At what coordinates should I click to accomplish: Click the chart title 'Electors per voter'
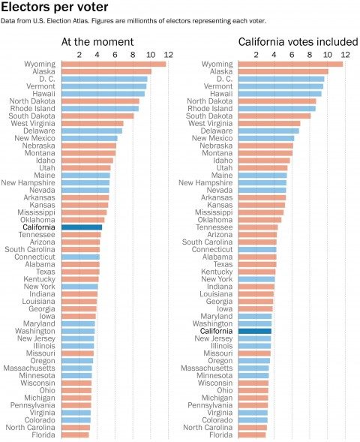54,7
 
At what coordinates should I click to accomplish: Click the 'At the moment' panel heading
97,42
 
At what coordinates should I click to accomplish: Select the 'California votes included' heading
298,42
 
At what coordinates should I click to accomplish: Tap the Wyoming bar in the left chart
114,65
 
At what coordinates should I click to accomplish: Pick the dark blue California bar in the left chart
82,227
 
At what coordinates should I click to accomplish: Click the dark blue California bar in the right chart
255,331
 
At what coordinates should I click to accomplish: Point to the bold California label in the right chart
216,331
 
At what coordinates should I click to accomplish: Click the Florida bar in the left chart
75,435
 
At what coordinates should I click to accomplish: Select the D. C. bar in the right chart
281,79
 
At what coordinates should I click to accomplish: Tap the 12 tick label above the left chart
168,54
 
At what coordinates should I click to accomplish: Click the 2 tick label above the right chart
256,54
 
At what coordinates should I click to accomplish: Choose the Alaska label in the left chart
43,71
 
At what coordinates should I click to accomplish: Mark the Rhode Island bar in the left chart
100,109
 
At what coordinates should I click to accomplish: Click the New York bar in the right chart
256,279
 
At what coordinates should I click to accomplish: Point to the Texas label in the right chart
223,264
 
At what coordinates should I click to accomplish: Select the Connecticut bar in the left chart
80,257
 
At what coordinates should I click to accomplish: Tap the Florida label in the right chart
220,435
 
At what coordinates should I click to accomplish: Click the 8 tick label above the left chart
133,54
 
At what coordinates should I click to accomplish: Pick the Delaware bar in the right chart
268,131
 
